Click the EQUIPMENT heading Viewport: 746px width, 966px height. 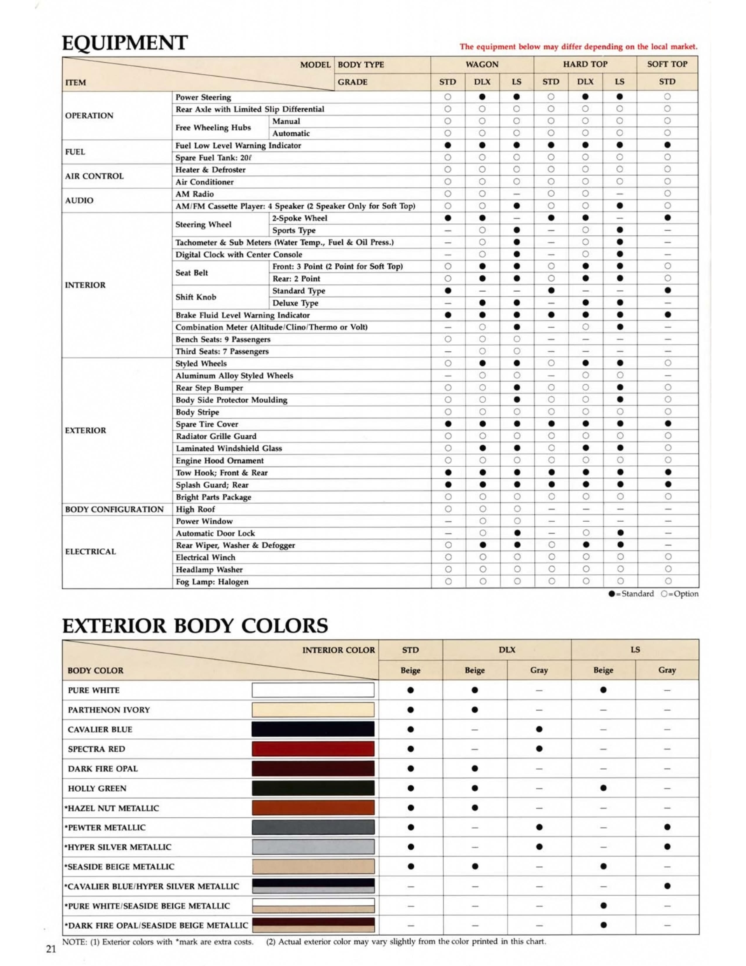pyautogui.click(x=125, y=43)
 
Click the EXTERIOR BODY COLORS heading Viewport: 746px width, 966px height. pyautogui.click(x=195, y=626)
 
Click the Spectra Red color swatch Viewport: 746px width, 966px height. pyautogui.click(x=313, y=749)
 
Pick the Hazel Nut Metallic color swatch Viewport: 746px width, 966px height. pyautogui.click(x=313, y=808)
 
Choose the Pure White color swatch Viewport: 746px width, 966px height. pyautogui.click(x=313, y=690)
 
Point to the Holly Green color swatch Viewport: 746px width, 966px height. pyautogui.click(x=313, y=788)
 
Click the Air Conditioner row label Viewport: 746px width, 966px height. pyautogui.click(x=204, y=182)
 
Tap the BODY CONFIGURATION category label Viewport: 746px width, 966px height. pyautogui.click(x=114, y=509)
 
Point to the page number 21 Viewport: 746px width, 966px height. pyautogui.click(x=51, y=949)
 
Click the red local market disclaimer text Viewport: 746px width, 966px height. pyautogui.click(x=578, y=47)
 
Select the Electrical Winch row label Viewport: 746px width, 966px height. pyautogui.click(x=205, y=557)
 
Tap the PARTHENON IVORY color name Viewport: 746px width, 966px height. pyautogui.click(x=109, y=710)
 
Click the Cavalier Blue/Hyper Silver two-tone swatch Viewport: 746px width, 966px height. pyautogui.click(x=313, y=886)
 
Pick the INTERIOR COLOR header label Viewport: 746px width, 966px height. pyautogui.click(x=338, y=650)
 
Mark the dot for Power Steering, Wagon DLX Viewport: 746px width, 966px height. pyautogui.click(x=482, y=96)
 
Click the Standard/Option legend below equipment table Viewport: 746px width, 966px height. pyautogui.click(x=653, y=594)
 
